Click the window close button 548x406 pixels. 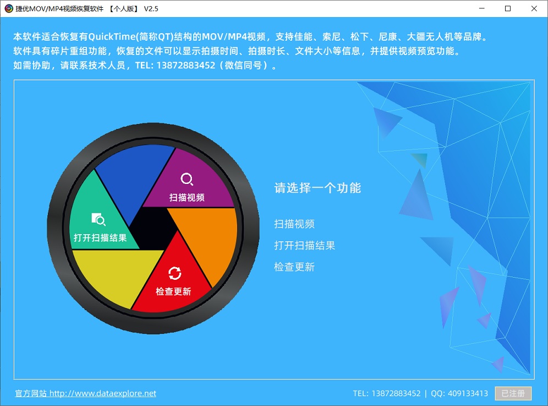click(534, 8)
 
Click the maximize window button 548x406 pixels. click(508, 8)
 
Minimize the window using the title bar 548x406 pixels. click(481, 8)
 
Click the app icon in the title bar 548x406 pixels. click(9, 8)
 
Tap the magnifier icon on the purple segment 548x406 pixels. click(187, 179)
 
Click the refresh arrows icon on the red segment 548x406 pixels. click(174, 273)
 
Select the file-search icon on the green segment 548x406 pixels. click(98, 219)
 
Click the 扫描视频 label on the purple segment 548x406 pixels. click(187, 197)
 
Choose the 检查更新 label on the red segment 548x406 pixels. click(173, 291)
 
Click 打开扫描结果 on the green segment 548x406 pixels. click(100, 237)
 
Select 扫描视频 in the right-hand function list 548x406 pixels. click(294, 224)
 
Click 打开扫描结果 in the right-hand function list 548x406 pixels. click(304, 245)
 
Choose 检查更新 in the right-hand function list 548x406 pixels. click(294, 267)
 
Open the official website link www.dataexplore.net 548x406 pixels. click(86, 393)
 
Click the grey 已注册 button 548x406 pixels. click(513, 393)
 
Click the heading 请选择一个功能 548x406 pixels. click(317, 188)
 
